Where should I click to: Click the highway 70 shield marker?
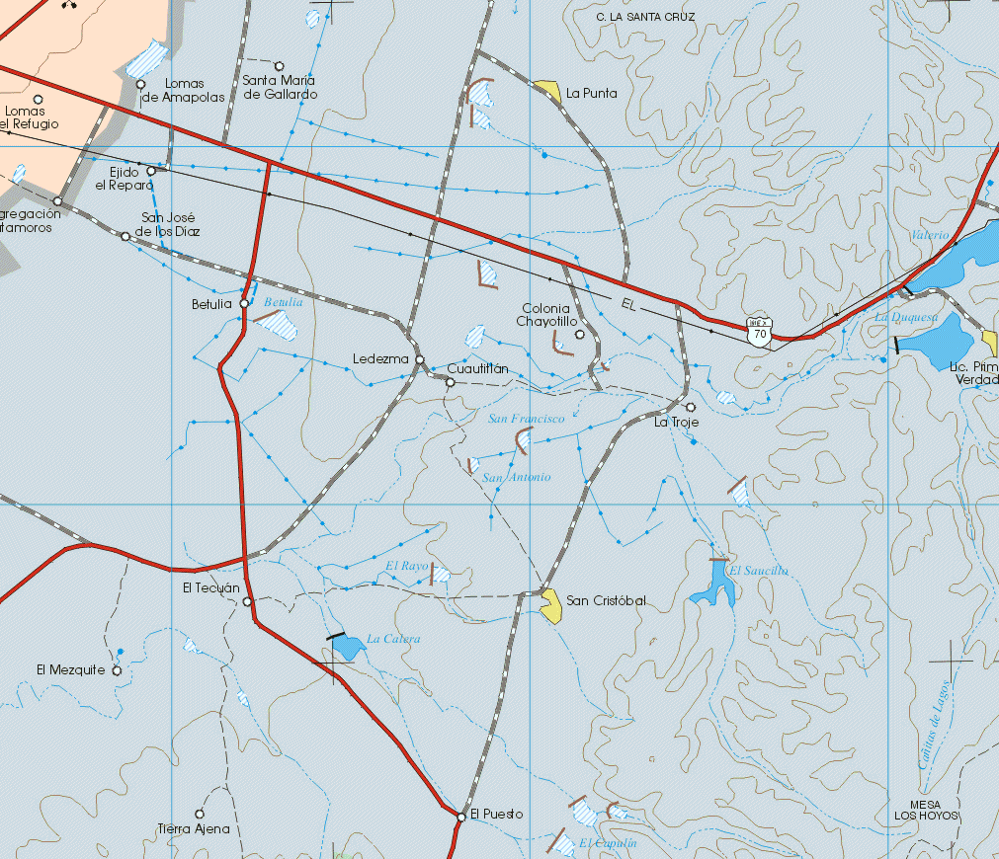(759, 331)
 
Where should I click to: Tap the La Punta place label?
(592, 94)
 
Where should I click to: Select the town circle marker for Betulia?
(244, 303)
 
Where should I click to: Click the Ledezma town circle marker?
(420, 359)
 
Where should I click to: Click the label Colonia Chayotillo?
(546, 315)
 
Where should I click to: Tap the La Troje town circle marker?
(691, 407)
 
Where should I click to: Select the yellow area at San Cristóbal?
(550, 605)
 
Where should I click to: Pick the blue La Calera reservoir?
(346, 647)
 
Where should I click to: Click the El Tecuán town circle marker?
(247, 601)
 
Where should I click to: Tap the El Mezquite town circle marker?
(117, 670)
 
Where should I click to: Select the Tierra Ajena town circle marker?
(200, 815)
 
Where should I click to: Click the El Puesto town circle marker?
(461, 817)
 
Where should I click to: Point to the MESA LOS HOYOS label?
(926, 810)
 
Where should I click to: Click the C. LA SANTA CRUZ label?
(646, 17)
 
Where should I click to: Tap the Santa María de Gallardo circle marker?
(279, 65)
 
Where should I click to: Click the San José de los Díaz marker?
(125, 237)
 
